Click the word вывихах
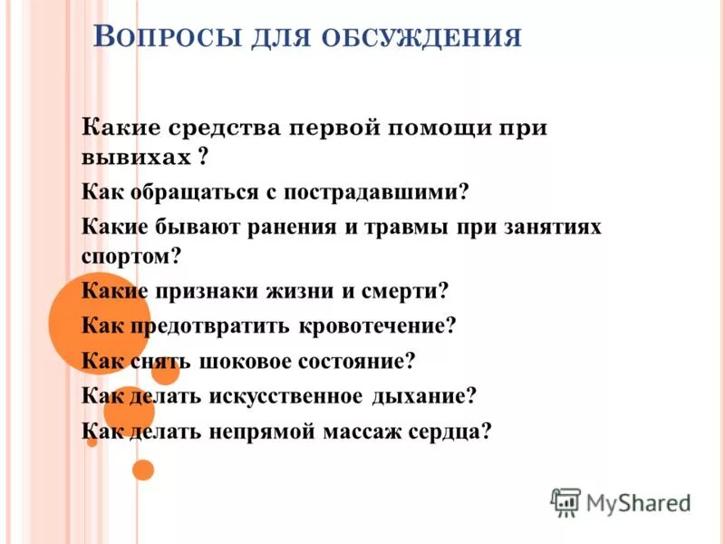[134, 158]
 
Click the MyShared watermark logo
[620, 502]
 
